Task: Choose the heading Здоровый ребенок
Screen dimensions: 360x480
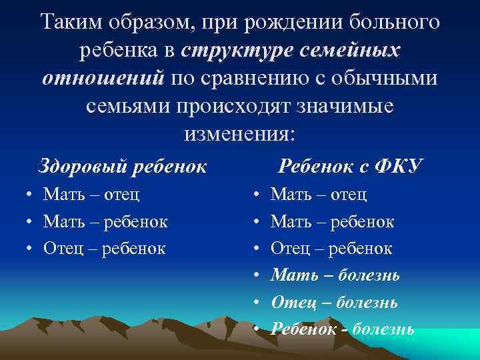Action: point(123,165)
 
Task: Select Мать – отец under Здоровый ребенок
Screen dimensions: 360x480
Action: point(91,194)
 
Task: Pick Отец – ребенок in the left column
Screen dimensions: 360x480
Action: point(105,248)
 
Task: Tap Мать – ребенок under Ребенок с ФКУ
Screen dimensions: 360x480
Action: point(333,221)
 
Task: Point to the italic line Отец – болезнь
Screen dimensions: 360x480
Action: point(335,302)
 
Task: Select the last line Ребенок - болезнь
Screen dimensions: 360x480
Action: point(343,329)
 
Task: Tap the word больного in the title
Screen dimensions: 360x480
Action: point(393,22)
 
